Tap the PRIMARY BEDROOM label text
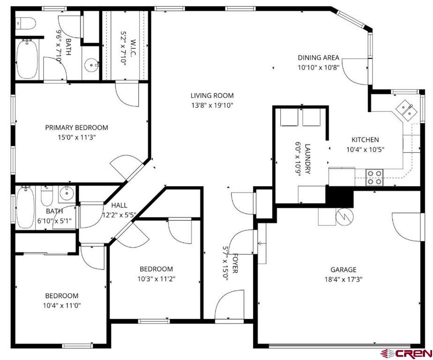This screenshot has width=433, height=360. (x=76, y=127)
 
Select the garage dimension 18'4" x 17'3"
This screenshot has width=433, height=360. (x=343, y=279)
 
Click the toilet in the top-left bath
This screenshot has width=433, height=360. (x=25, y=22)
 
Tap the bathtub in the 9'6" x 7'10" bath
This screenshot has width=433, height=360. (x=27, y=59)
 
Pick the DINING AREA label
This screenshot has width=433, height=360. (x=318, y=58)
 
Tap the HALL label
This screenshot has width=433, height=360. (x=119, y=205)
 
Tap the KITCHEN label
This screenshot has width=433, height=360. (x=365, y=140)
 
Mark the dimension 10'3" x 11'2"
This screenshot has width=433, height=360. (x=156, y=279)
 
